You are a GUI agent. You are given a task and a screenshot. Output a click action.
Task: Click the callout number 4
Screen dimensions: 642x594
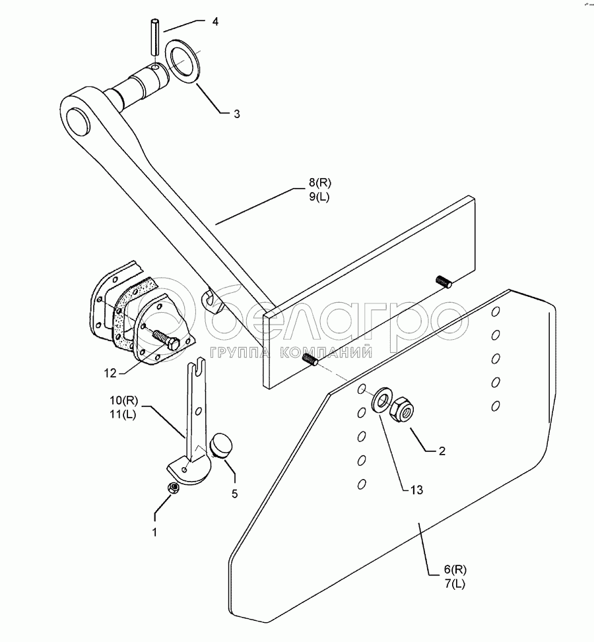point(214,22)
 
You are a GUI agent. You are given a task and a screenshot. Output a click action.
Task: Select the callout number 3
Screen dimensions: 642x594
point(218,113)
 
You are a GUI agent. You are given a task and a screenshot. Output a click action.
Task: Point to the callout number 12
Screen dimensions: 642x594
point(110,373)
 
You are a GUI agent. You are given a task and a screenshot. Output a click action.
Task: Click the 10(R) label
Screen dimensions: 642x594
point(124,401)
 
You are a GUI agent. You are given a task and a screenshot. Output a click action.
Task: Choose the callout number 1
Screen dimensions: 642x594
point(154,532)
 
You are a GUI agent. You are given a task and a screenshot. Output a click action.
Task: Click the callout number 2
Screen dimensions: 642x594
point(442,451)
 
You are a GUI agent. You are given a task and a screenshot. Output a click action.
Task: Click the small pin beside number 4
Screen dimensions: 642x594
point(154,38)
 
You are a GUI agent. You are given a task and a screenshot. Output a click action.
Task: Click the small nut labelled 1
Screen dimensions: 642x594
point(172,488)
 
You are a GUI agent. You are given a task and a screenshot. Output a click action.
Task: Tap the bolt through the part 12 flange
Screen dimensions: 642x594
point(167,338)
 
